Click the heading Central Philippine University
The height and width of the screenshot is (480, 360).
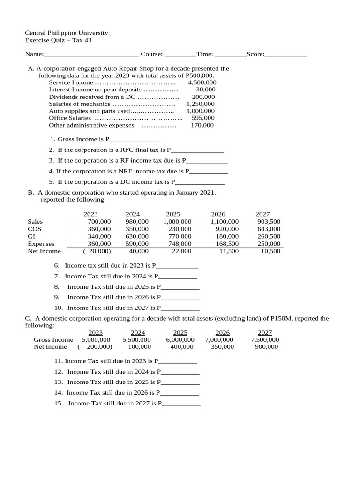click(66, 33)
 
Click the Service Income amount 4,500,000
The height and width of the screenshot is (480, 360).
click(202, 82)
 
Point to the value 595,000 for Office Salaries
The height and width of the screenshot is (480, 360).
click(203, 118)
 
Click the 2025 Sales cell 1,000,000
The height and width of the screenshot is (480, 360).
click(177, 222)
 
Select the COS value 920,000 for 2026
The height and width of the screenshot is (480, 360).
click(225, 229)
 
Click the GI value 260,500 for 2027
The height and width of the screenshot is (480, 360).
click(269, 237)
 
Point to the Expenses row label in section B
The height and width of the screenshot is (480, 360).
click(41, 244)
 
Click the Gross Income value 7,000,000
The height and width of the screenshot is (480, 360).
click(219, 340)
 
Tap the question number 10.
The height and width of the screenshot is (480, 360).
click(59, 308)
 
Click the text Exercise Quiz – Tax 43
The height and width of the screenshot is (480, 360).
click(58, 40)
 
